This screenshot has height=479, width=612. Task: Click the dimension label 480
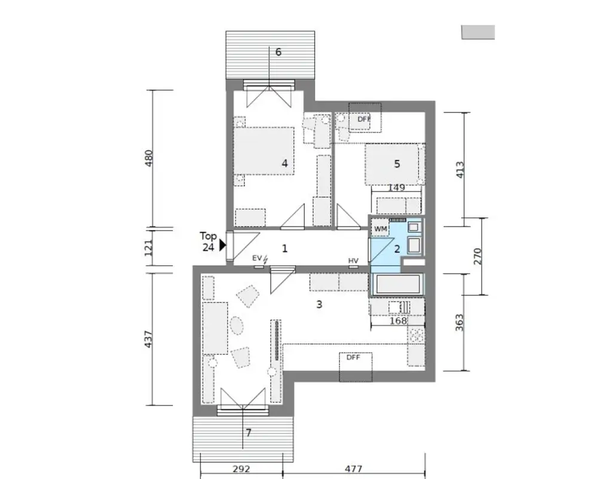149,158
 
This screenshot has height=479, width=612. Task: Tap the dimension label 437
149,340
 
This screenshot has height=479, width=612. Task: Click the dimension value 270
477,256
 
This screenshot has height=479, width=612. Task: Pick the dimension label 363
460,323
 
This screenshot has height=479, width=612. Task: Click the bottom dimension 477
354,469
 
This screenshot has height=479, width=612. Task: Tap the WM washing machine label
380,229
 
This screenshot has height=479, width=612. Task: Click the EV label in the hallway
257,258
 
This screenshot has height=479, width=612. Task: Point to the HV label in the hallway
353,260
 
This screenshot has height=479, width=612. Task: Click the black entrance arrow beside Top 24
222,244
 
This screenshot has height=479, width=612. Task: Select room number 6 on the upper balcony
278,52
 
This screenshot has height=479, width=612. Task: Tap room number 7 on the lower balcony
249,433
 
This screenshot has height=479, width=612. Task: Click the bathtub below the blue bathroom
397,284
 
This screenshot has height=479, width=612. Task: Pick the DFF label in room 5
363,119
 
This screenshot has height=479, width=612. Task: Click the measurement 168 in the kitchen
397,321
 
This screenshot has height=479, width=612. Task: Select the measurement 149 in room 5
396,188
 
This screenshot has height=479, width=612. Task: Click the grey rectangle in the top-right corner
478,32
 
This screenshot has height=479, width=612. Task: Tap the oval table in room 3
237,326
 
